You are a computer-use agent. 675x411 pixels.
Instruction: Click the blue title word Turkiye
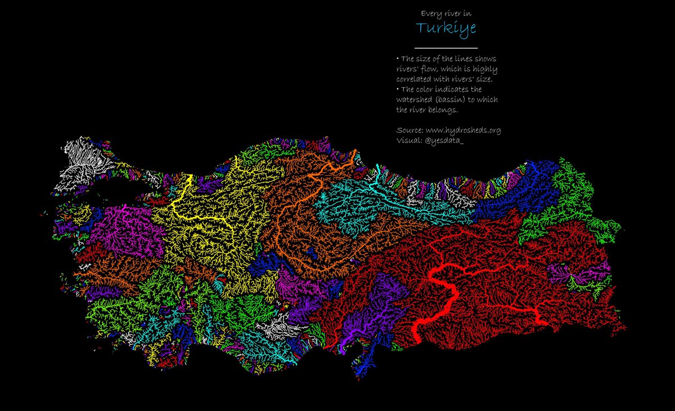(445, 28)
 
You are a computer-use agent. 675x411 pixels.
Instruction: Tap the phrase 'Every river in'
(445, 13)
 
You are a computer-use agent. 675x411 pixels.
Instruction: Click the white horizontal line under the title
(445, 48)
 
